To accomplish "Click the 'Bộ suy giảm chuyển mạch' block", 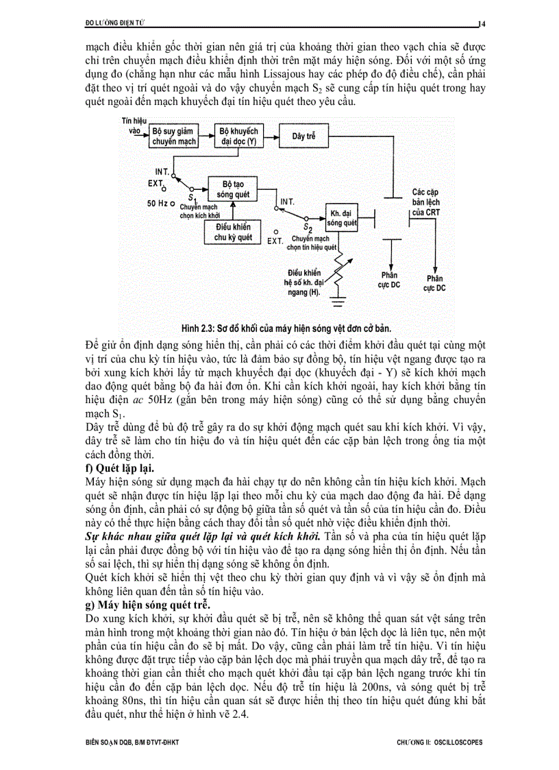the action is tap(174, 136).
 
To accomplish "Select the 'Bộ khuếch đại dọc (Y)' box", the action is tap(238, 136).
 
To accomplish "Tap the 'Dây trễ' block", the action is tap(303, 136).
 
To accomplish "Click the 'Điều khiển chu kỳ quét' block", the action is tap(233, 232).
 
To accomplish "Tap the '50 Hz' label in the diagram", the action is tap(158, 204).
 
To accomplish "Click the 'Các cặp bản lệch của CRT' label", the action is tap(426, 202).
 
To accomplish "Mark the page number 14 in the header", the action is tap(482, 24).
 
